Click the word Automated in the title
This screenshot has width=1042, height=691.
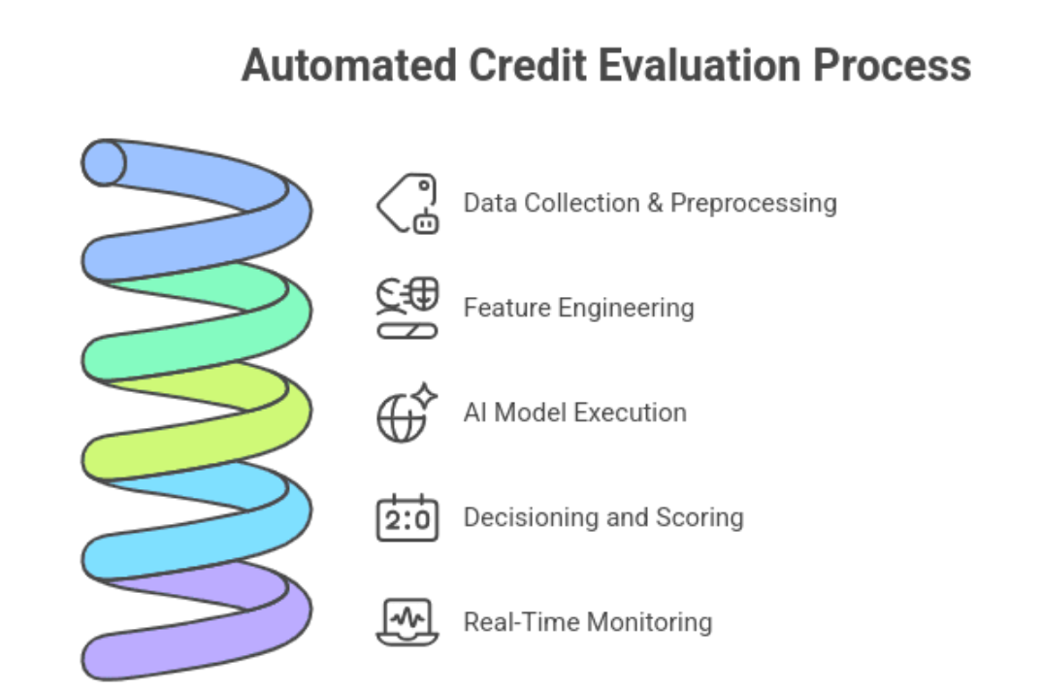coord(349,65)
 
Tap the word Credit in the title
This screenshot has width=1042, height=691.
coord(528,65)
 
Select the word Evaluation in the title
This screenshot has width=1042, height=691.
coord(700,65)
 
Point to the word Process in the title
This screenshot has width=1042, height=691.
coord(892,67)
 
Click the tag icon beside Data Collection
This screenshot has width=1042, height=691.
coord(407,204)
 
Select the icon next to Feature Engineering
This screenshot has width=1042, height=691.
coord(407,308)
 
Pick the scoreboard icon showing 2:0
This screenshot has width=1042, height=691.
coord(407,517)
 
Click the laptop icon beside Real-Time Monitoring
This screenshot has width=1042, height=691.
coord(407,622)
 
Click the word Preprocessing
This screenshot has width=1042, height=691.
coord(754,204)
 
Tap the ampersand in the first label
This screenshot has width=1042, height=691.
coord(655,204)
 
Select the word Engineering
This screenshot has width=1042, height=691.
coord(626,309)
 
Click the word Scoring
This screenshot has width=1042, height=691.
coord(700,517)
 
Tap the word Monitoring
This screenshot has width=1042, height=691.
coord(650,622)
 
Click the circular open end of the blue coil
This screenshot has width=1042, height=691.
coord(104,163)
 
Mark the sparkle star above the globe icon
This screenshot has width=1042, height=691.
coord(424,395)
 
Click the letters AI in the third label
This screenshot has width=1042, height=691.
coord(475,412)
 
